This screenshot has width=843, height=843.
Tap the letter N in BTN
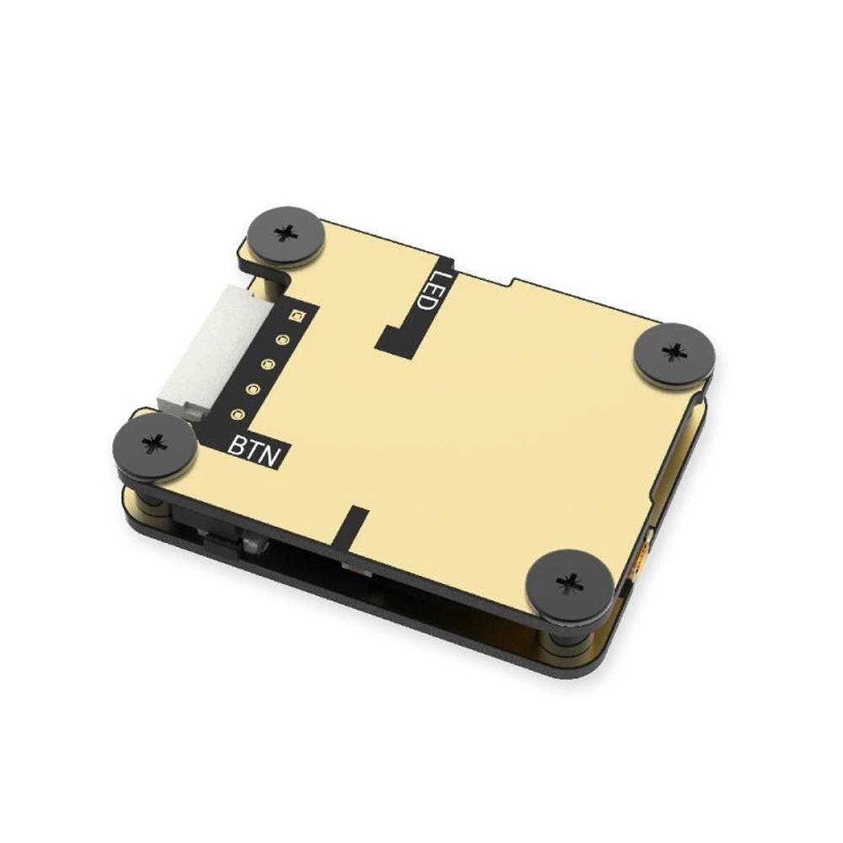click(273, 456)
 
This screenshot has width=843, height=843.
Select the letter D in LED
click(424, 301)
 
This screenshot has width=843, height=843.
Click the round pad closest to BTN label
click(238, 415)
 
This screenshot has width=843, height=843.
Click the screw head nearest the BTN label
click(155, 442)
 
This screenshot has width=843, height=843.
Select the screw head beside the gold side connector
click(570, 582)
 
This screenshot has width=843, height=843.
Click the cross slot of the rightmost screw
click(674, 351)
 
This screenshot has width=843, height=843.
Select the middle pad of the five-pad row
click(268, 365)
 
